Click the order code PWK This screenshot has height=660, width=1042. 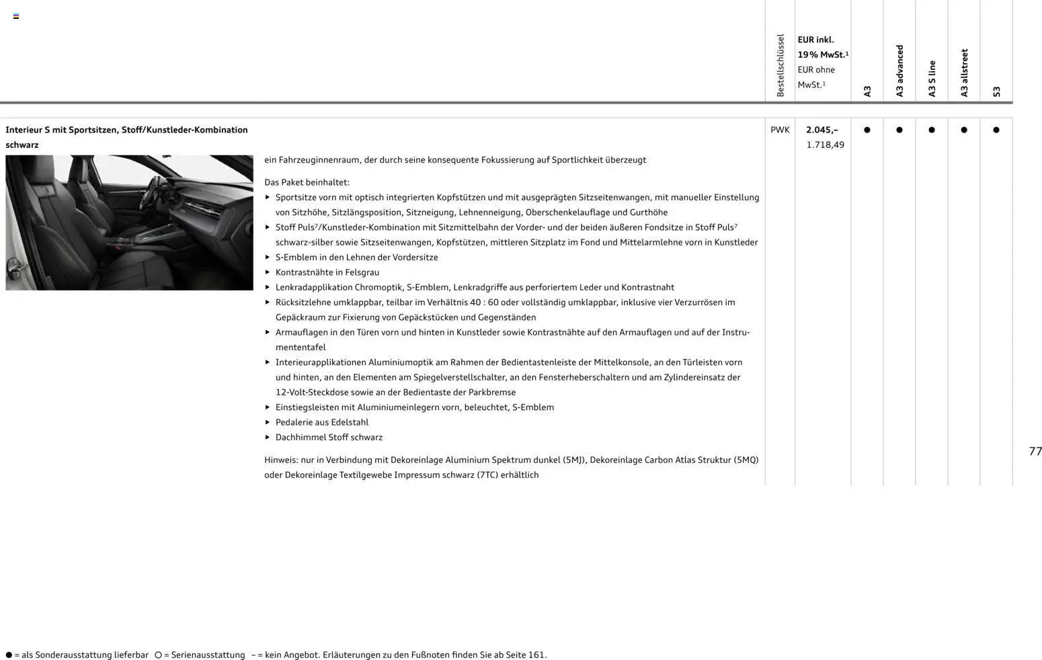click(780, 130)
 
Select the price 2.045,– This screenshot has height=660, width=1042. click(821, 130)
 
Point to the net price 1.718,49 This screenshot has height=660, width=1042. click(825, 145)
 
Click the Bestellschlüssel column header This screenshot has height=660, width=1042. click(780, 65)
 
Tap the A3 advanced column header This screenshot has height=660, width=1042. click(899, 71)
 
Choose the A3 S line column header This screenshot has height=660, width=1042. click(932, 79)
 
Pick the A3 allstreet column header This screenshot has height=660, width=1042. click(964, 73)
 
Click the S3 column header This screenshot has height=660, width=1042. click(996, 91)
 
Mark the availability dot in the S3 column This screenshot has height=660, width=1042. click(996, 130)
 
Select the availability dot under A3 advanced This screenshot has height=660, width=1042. click(899, 130)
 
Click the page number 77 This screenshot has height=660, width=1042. click(1035, 451)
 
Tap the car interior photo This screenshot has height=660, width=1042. click(129, 222)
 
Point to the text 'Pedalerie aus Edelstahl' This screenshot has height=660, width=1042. click(322, 422)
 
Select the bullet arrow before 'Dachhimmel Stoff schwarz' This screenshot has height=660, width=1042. click(268, 437)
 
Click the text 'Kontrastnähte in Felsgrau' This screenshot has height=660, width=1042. click(327, 272)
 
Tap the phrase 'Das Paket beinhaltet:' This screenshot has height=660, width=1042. click(307, 182)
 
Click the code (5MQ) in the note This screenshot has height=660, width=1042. click(746, 460)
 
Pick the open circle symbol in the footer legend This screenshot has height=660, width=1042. click(158, 655)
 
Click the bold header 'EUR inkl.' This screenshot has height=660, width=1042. click(815, 40)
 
